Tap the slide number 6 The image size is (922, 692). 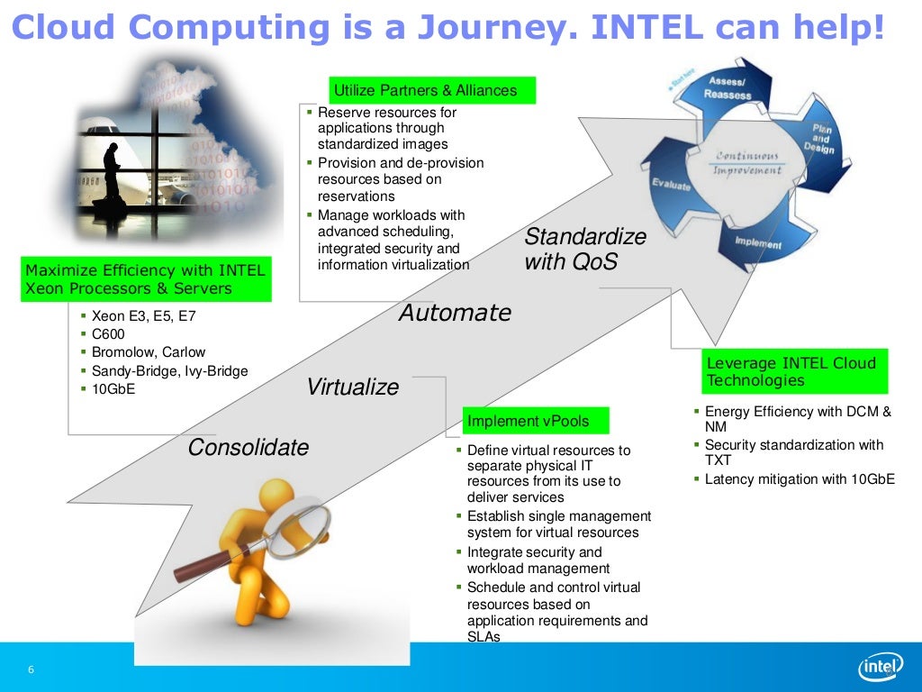[32, 669]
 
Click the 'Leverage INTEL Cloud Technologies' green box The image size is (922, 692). [795, 371]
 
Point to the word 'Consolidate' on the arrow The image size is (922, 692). [248, 448]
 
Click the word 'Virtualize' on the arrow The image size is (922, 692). [352, 387]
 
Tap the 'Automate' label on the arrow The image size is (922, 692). [455, 313]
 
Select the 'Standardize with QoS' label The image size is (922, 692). [585, 250]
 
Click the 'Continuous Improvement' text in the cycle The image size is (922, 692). [746, 163]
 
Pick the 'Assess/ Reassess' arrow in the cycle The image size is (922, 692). [728, 88]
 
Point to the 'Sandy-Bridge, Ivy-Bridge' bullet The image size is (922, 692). [169, 371]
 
